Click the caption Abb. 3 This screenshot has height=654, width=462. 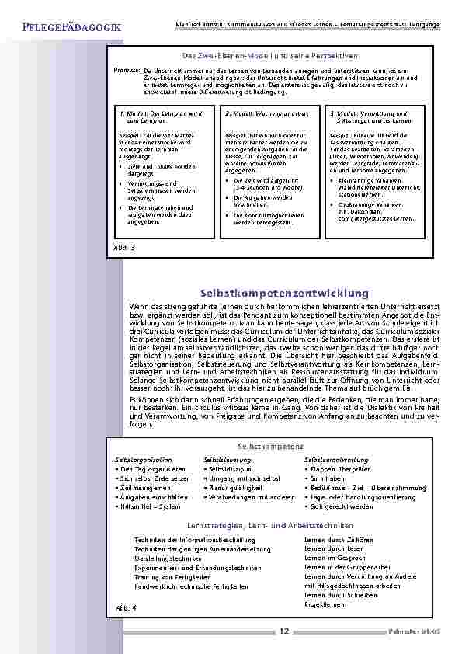point(123,246)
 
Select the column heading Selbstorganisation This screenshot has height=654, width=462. point(143,460)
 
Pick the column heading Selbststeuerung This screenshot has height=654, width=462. point(225,460)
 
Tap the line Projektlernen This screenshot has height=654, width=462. point(325,603)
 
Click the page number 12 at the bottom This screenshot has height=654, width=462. point(284,631)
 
